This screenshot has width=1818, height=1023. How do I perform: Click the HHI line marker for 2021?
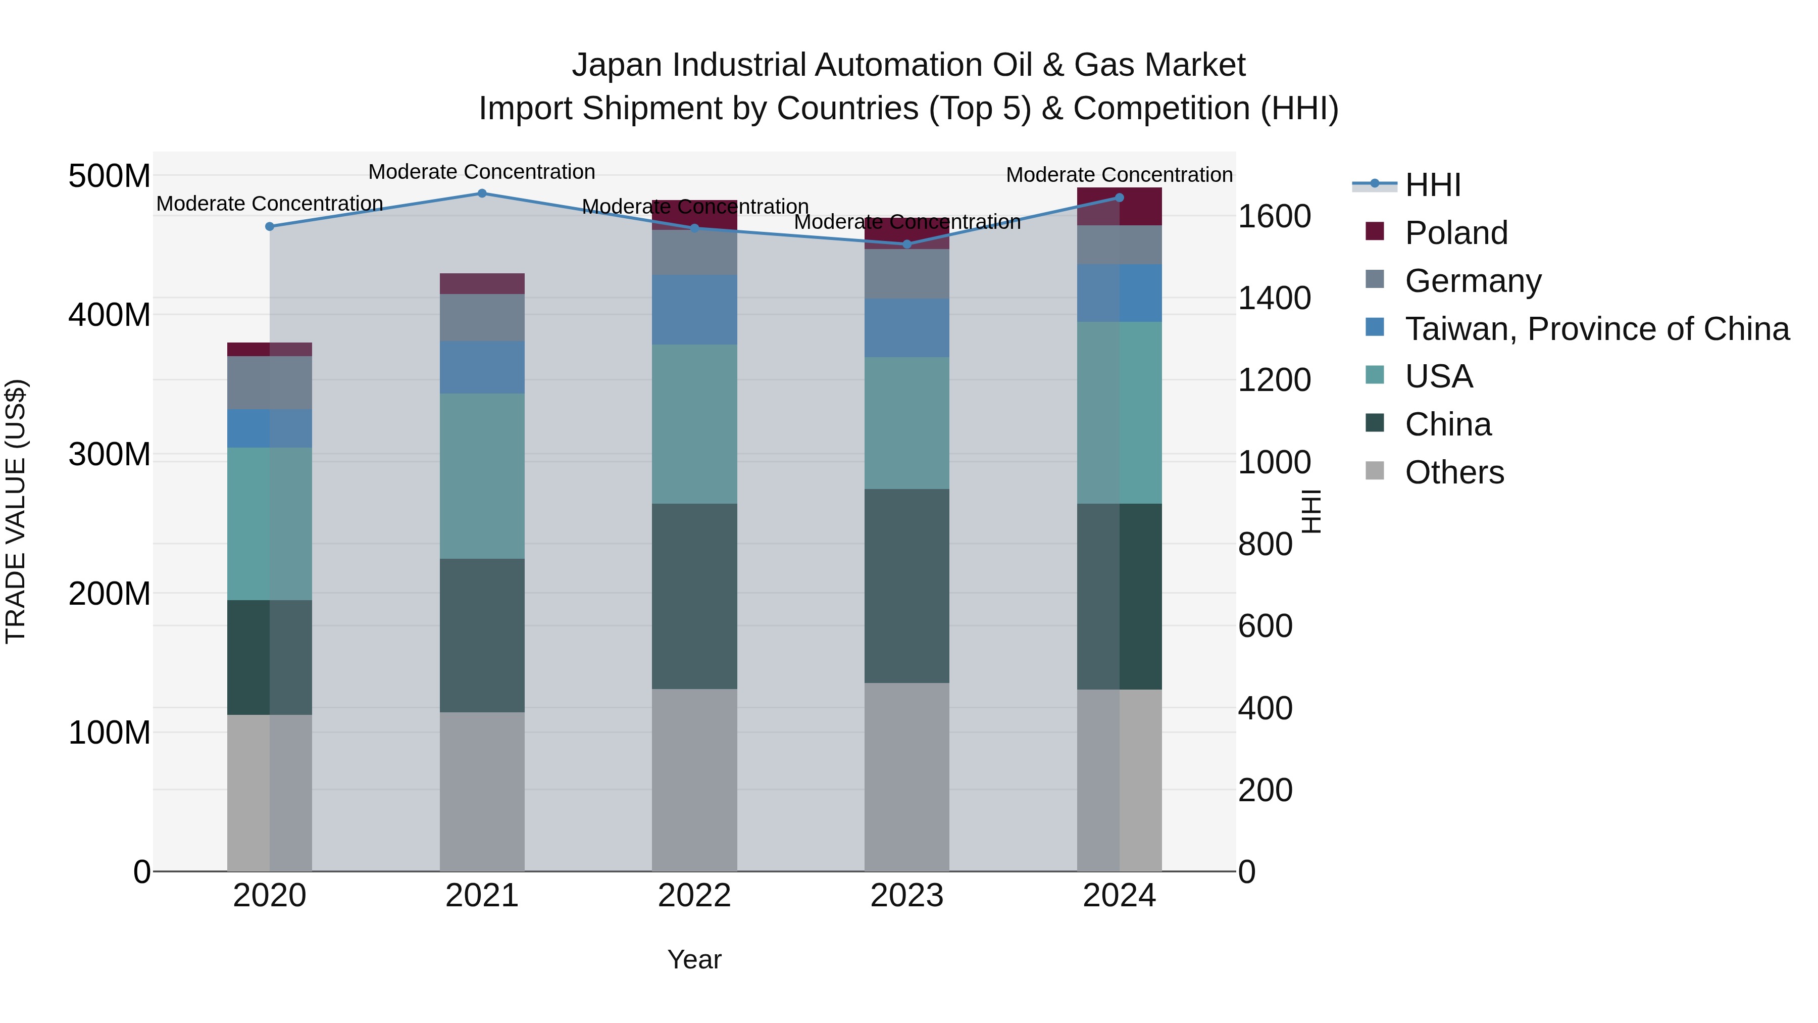point(482,193)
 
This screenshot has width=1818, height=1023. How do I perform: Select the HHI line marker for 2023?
point(907,245)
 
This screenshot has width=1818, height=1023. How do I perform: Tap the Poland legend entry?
point(1455,233)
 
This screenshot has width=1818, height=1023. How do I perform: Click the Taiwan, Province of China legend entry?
point(1596,329)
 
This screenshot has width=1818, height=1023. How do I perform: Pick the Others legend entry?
point(1454,472)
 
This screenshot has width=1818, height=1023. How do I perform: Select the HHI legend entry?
point(1432,185)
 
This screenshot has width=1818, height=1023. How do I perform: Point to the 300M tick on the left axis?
point(110,454)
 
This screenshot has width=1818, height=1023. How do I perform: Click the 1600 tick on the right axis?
point(1274,216)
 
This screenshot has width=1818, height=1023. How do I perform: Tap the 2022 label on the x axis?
point(694,896)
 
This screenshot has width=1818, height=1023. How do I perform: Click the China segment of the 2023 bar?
point(907,586)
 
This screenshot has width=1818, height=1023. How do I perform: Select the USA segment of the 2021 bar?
point(482,476)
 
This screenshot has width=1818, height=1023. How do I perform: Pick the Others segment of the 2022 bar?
point(694,780)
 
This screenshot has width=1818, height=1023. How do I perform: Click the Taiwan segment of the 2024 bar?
point(1119,293)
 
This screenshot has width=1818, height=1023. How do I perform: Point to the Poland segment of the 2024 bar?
point(1119,206)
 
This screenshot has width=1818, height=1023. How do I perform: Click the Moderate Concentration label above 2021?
point(482,172)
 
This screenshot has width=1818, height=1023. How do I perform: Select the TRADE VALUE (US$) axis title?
point(16,511)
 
